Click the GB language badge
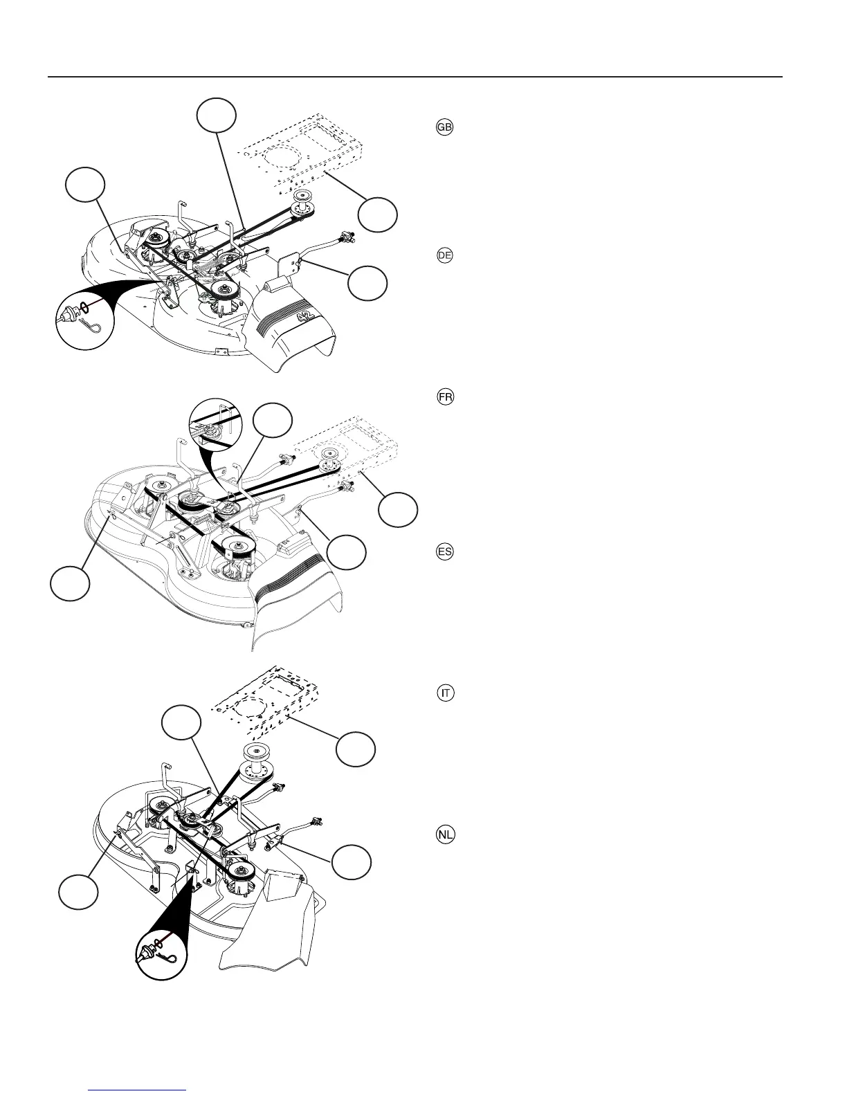pyautogui.click(x=444, y=127)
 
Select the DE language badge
pyautogui.click(x=444, y=255)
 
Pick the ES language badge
pyautogui.click(x=445, y=552)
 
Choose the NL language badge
pyautogui.click(x=446, y=835)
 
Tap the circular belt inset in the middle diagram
pyautogui.click(x=219, y=430)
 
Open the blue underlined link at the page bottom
pyautogui.click(x=138, y=1090)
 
